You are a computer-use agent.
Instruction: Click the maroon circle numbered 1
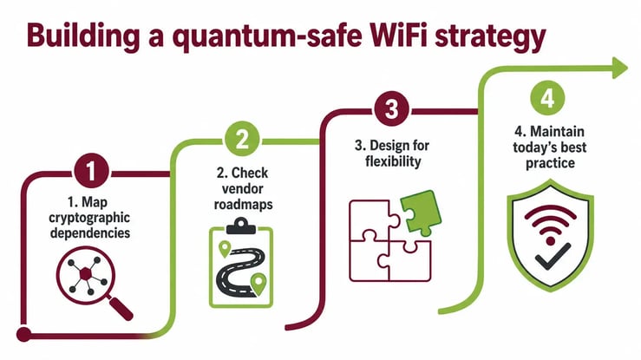click(91, 171)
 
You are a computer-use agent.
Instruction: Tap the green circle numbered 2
click(242, 139)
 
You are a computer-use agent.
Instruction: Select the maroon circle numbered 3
click(392, 108)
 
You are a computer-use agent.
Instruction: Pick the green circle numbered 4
click(547, 98)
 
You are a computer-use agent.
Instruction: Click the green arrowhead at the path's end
click(619, 68)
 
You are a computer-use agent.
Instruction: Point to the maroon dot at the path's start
click(23, 334)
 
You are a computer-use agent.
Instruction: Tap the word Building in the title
click(83, 36)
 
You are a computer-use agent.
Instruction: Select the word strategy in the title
click(491, 37)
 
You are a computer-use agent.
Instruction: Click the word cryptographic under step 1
click(89, 219)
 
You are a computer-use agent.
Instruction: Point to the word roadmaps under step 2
click(243, 205)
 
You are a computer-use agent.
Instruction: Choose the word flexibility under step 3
click(393, 161)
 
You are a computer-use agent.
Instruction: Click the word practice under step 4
click(550, 163)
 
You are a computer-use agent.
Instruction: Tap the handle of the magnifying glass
click(121, 309)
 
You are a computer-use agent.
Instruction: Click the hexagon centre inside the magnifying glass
click(86, 274)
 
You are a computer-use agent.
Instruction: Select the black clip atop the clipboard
click(241, 226)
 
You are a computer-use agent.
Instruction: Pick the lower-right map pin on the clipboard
click(258, 283)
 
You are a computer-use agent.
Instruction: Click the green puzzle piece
click(421, 213)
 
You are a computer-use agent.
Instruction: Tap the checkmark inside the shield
click(553, 257)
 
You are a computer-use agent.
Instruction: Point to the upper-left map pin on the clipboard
click(225, 248)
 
